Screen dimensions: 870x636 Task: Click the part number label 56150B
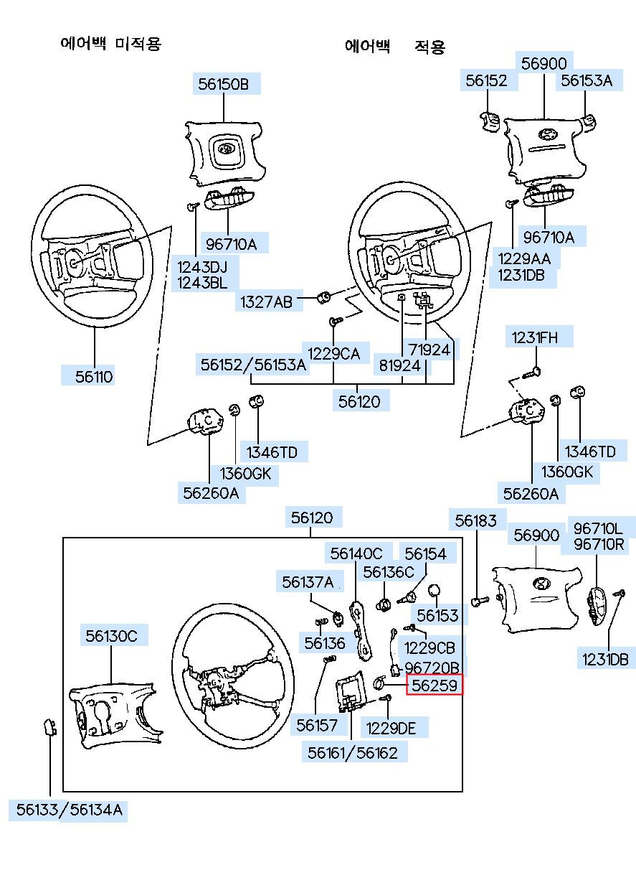pos(224,85)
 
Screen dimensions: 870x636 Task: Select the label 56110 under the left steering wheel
pos(95,376)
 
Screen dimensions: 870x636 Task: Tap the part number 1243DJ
pos(202,266)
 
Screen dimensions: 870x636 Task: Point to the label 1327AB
pos(266,302)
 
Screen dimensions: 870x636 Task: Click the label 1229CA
pos(333,352)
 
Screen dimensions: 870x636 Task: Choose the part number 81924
pos(400,365)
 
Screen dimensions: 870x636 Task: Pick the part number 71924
pos(429,350)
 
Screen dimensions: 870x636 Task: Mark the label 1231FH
pos(533,337)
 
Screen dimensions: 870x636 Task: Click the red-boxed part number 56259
pos(434,686)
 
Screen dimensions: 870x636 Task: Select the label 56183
pos(476,520)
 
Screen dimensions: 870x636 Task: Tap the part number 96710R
pos(599,544)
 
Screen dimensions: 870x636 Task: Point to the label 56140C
pos(357,553)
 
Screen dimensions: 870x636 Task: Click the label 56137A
pos(308,581)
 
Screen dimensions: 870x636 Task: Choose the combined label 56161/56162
pos(353,753)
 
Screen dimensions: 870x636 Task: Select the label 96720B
pos(432,668)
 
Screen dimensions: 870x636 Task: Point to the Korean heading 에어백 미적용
pos(110,44)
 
